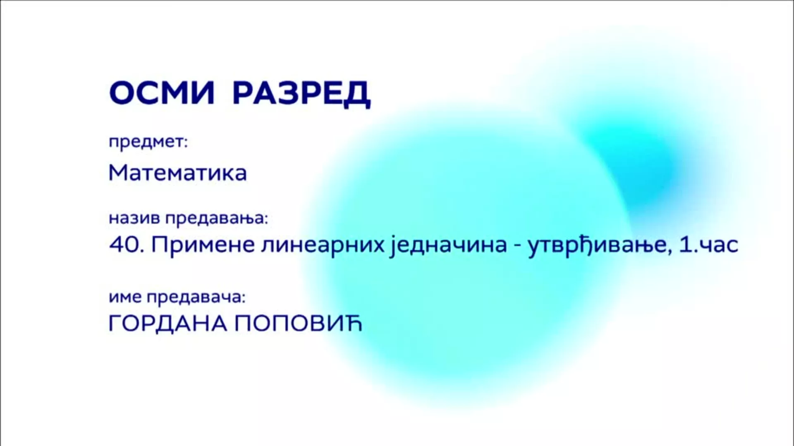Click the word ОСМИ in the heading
pyautogui.click(x=162, y=93)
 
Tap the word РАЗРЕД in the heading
pyautogui.click(x=301, y=94)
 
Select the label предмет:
pyautogui.click(x=148, y=142)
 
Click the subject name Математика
pyautogui.click(x=177, y=173)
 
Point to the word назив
pyautogui.click(x=134, y=218)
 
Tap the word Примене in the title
pyautogui.click(x=203, y=245)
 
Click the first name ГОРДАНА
pyautogui.click(x=168, y=323)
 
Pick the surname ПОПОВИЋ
pyautogui.click(x=298, y=323)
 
